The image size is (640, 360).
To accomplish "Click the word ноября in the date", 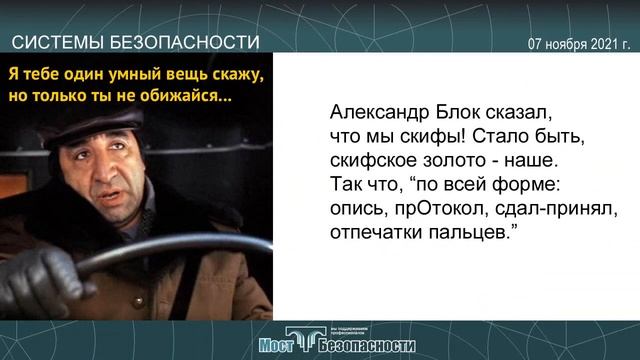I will tap(564, 44).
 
